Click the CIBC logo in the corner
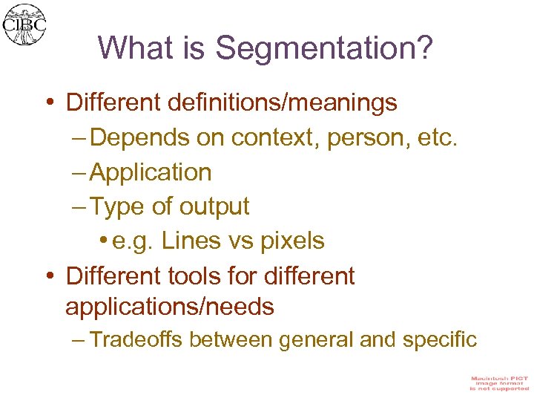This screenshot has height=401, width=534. (x=24, y=25)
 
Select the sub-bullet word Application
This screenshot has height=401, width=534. (x=151, y=172)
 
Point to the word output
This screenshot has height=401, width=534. (x=214, y=206)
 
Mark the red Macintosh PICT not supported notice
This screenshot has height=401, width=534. (x=498, y=383)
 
